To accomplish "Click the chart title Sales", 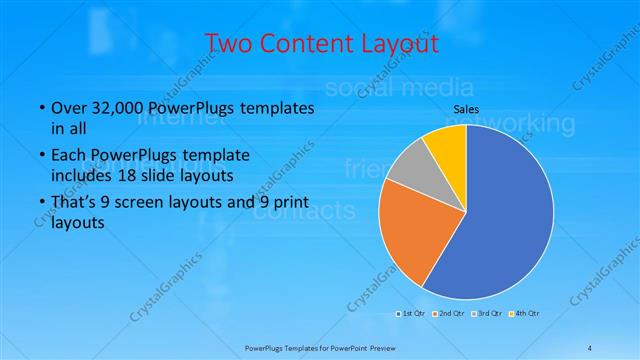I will click(x=467, y=108).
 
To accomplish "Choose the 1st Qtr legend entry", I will click(x=412, y=314).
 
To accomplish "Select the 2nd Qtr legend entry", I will click(x=450, y=314).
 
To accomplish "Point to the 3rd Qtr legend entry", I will click(x=488, y=314).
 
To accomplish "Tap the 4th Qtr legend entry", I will click(x=526, y=314).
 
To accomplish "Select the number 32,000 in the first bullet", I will click(x=118, y=108).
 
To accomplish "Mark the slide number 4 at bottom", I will click(x=590, y=348).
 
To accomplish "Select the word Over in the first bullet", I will click(x=67, y=108).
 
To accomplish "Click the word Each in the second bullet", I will click(x=67, y=155).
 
